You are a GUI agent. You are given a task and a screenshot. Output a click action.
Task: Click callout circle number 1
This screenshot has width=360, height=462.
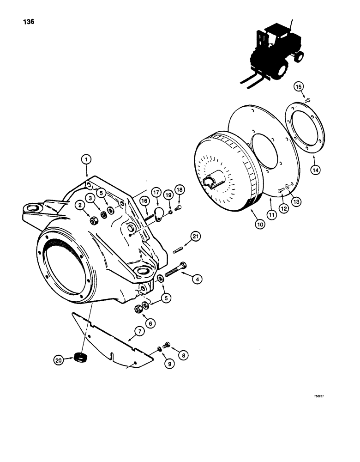pyautogui.click(x=86, y=159)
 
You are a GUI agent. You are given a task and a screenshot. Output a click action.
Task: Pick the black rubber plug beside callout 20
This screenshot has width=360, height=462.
pyautogui.click(x=82, y=357)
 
